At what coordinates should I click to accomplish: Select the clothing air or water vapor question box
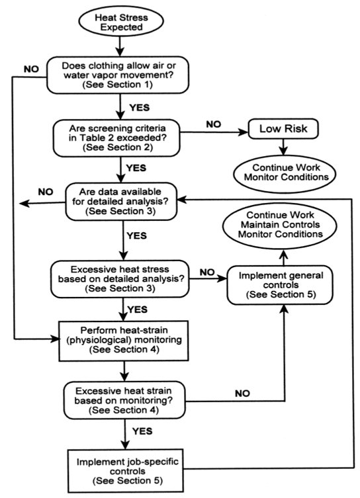118,75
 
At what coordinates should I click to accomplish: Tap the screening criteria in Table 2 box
116,138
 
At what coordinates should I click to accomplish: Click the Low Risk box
283,128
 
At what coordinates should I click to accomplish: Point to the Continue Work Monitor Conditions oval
285,173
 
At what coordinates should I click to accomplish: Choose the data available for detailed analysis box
121,201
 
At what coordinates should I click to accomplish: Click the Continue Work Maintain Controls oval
280,225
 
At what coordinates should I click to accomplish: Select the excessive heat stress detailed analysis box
120,278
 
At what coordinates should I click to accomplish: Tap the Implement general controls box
280,285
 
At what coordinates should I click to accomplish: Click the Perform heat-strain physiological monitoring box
124,341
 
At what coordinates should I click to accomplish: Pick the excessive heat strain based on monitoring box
124,400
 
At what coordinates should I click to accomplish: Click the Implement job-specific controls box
126,470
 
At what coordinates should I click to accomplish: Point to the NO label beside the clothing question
31,69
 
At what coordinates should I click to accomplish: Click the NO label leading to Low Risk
214,124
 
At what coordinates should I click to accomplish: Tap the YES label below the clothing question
140,108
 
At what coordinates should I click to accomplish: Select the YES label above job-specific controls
142,431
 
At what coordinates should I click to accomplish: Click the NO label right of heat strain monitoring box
242,394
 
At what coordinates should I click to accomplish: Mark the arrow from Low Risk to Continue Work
283,147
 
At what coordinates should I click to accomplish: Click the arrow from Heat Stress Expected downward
120,46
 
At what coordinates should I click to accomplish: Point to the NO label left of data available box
46,192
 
